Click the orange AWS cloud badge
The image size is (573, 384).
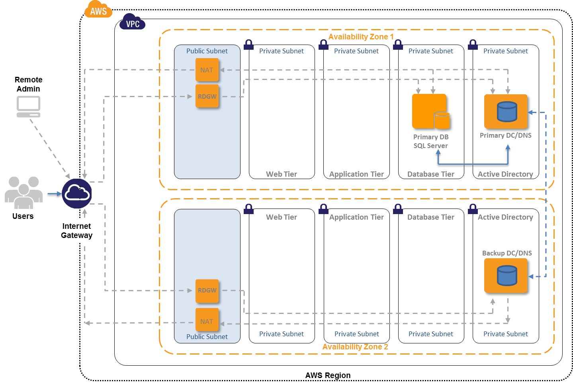(x=98, y=10)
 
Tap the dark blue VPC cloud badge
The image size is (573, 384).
(x=133, y=22)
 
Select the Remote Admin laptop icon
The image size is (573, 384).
(x=28, y=107)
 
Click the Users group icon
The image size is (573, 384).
(x=23, y=193)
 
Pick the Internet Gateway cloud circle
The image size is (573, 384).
(x=77, y=193)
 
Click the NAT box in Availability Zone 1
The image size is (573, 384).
(x=207, y=70)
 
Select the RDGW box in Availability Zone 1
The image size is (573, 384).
(x=207, y=96)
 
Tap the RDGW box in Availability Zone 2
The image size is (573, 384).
(x=207, y=291)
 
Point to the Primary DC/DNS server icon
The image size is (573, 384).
(x=506, y=111)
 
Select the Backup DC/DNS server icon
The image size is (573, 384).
(x=506, y=276)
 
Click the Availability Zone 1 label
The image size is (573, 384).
(x=361, y=37)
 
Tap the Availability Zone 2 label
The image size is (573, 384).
(x=355, y=347)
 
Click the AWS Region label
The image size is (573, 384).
(x=328, y=375)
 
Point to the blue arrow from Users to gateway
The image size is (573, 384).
(x=55, y=194)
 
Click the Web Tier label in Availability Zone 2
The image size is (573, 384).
(x=282, y=217)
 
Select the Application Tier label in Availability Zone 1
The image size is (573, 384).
(x=356, y=174)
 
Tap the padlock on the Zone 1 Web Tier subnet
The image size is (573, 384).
(x=248, y=45)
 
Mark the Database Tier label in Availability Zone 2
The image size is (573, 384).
(x=431, y=217)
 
